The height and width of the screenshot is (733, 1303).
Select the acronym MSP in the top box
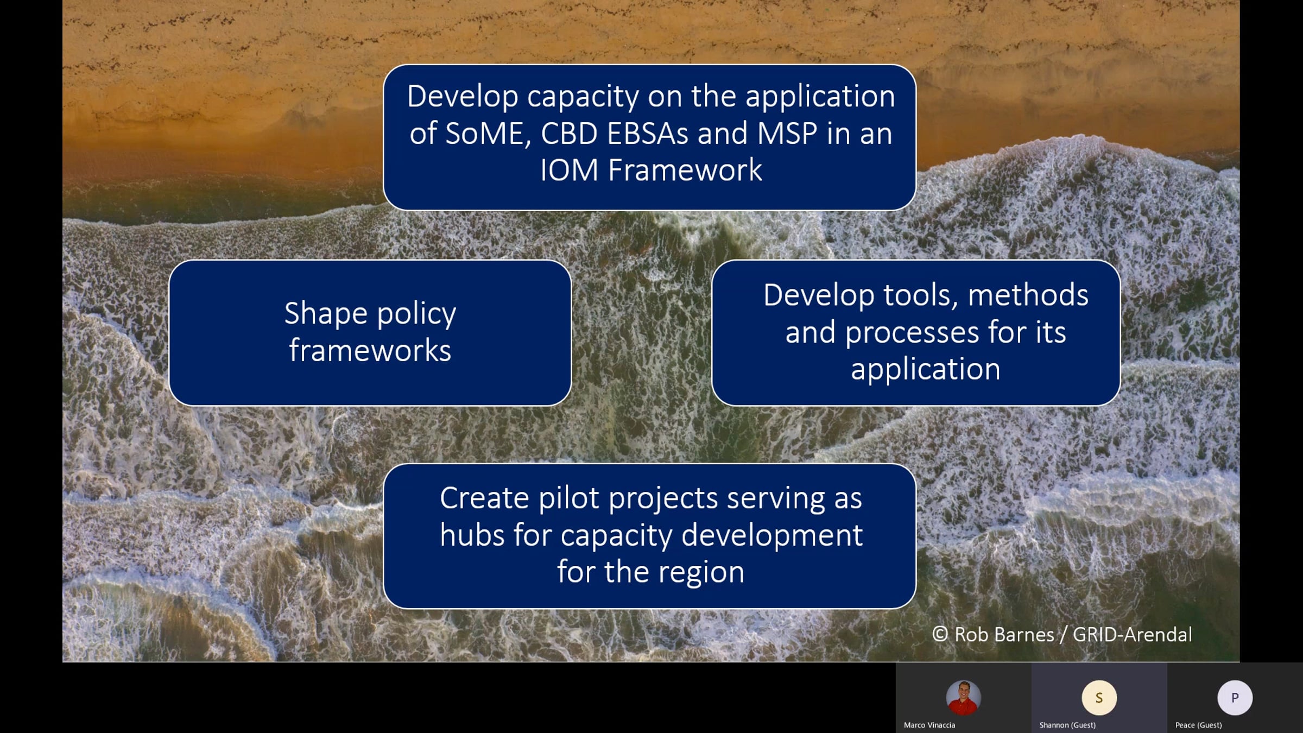[787, 133]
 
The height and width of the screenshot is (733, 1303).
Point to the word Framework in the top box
[685, 170]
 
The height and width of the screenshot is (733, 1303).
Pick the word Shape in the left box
[326, 314]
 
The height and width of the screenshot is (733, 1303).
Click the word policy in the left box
[416, 314]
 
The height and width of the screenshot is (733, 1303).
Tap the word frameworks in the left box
[370, 350]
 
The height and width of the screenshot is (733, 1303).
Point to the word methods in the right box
[1028, 295]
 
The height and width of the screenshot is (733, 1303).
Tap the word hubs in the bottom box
[472, 535]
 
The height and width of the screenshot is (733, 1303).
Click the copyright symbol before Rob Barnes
[940, 634]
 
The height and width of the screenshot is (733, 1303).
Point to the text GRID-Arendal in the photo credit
[1132, 635]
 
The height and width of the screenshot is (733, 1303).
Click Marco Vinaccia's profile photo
[963, 698]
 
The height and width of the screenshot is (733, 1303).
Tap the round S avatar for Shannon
[1099, 698]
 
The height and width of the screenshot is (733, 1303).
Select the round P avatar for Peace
[1235, 698]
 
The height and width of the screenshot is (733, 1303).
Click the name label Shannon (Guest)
[1067, 725]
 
